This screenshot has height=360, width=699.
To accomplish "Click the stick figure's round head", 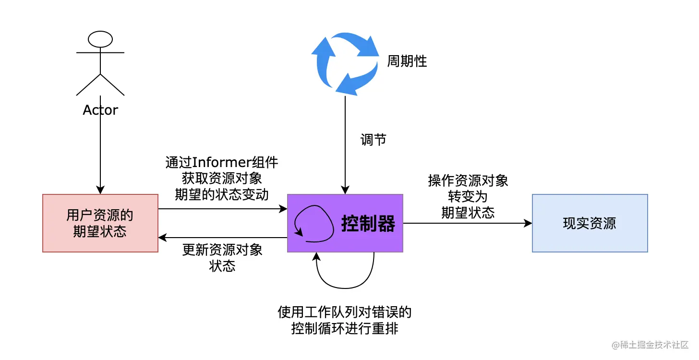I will coord(100,38).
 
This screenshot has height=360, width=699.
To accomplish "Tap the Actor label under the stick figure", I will coord(100,110).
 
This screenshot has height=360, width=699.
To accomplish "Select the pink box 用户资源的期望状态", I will coord(100,223).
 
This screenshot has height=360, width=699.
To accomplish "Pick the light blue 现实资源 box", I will coord(590,223).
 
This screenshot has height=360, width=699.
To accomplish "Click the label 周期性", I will coord(407,61).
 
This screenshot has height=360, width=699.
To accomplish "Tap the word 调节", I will coord(374,140).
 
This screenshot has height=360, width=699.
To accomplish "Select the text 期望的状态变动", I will coord(222,195).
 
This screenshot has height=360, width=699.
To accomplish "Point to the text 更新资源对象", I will coord(222,250).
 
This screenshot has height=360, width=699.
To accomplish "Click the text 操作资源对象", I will coord(468,181).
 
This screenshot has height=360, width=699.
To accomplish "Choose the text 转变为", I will coord(468,197).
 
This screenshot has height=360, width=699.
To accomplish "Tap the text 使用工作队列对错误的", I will coord(345,313).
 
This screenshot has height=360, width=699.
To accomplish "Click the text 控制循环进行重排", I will coord(345,329).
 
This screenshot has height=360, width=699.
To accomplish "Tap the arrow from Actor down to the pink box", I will coord(100,154).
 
